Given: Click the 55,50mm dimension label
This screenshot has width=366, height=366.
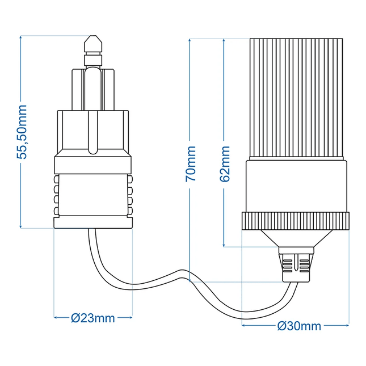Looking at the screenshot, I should (22, 132).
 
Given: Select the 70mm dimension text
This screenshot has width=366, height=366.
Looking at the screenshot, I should (191, 163).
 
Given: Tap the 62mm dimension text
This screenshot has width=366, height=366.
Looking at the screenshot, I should (225, 163).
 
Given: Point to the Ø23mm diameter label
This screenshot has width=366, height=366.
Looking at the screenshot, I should (93, 318).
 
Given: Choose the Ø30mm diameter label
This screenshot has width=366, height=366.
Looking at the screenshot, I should (299, 326).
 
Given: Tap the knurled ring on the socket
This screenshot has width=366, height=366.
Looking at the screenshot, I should (295, 221).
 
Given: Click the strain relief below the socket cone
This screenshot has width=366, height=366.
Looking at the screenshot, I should (296, 265).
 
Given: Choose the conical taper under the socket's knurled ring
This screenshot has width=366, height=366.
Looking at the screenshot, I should (295, 238).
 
